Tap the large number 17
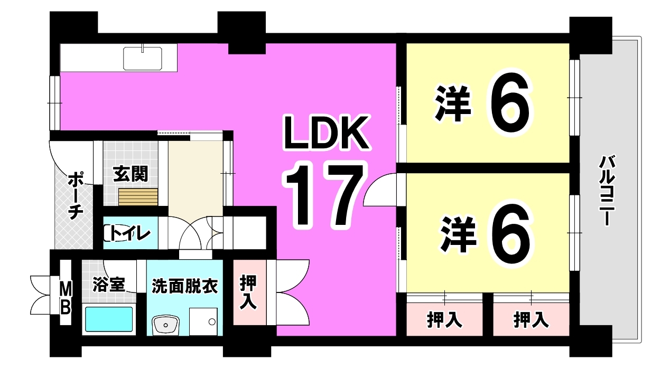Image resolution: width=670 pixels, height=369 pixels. pos(325,195)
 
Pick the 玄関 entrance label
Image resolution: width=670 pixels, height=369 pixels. pos(130,173)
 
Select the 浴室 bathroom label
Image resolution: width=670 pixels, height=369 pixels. pos(108,285)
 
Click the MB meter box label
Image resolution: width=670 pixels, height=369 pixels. pos(65,297)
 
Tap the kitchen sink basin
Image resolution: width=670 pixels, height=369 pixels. pos(143,58)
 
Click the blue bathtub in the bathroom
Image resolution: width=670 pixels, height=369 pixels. pos(109,319)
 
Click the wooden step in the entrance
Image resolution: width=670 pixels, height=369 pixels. pos(138,197)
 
